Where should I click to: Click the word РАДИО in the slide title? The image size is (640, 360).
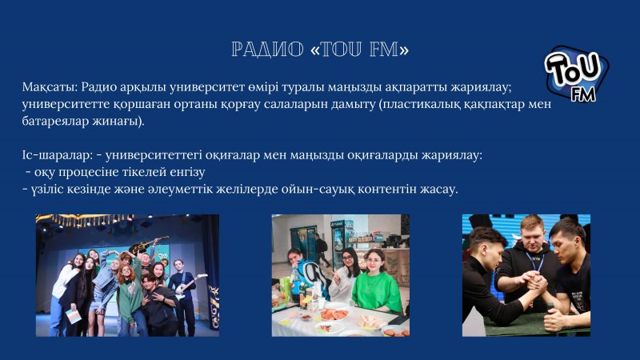pyautogui.click(x=267, y=50)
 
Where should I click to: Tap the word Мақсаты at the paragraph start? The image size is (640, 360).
pyautogui.click(x=50, y=87)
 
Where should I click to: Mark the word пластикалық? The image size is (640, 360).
pyautogui.click(x=421, y=105)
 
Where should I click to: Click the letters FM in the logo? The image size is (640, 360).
pyautogui.click(x=583, y=94)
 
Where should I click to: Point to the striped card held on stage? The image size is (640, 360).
pyautogui.click(x=74, y=317)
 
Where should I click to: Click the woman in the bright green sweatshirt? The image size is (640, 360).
pyautogui.click(x=375, y=282)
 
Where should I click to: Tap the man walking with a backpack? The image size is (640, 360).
pyautogui.click(x=321, y=249)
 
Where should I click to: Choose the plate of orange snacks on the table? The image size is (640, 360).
pyautogui.click(x=334, y=314)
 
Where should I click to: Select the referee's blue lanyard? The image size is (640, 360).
pyautogui.click(x=534, y=262)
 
